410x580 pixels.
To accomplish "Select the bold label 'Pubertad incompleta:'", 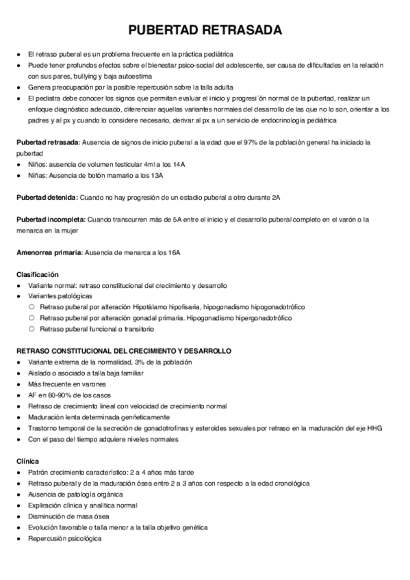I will click(51, 219).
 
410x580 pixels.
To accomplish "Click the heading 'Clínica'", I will click(28, 461).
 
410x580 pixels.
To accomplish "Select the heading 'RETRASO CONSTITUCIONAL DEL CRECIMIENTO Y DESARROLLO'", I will click(123, 350).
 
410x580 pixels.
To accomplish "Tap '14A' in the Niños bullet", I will click(179, 164).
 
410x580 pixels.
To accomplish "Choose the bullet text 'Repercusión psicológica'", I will click(65, 538).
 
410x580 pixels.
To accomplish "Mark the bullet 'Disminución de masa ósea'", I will click(69, 516).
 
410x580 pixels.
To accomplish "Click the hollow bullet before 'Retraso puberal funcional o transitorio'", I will click(31, 329).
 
